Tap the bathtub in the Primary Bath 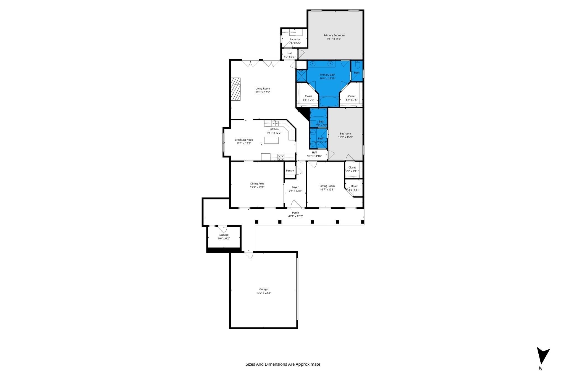coord(329,101)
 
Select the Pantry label coord(290,171)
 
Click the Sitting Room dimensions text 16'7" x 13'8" coord(327,189)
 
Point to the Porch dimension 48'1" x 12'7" coord(295,216)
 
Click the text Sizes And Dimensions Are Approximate coord(283,364)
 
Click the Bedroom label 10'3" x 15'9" coord(345,135)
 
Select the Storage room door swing coord(223,229)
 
